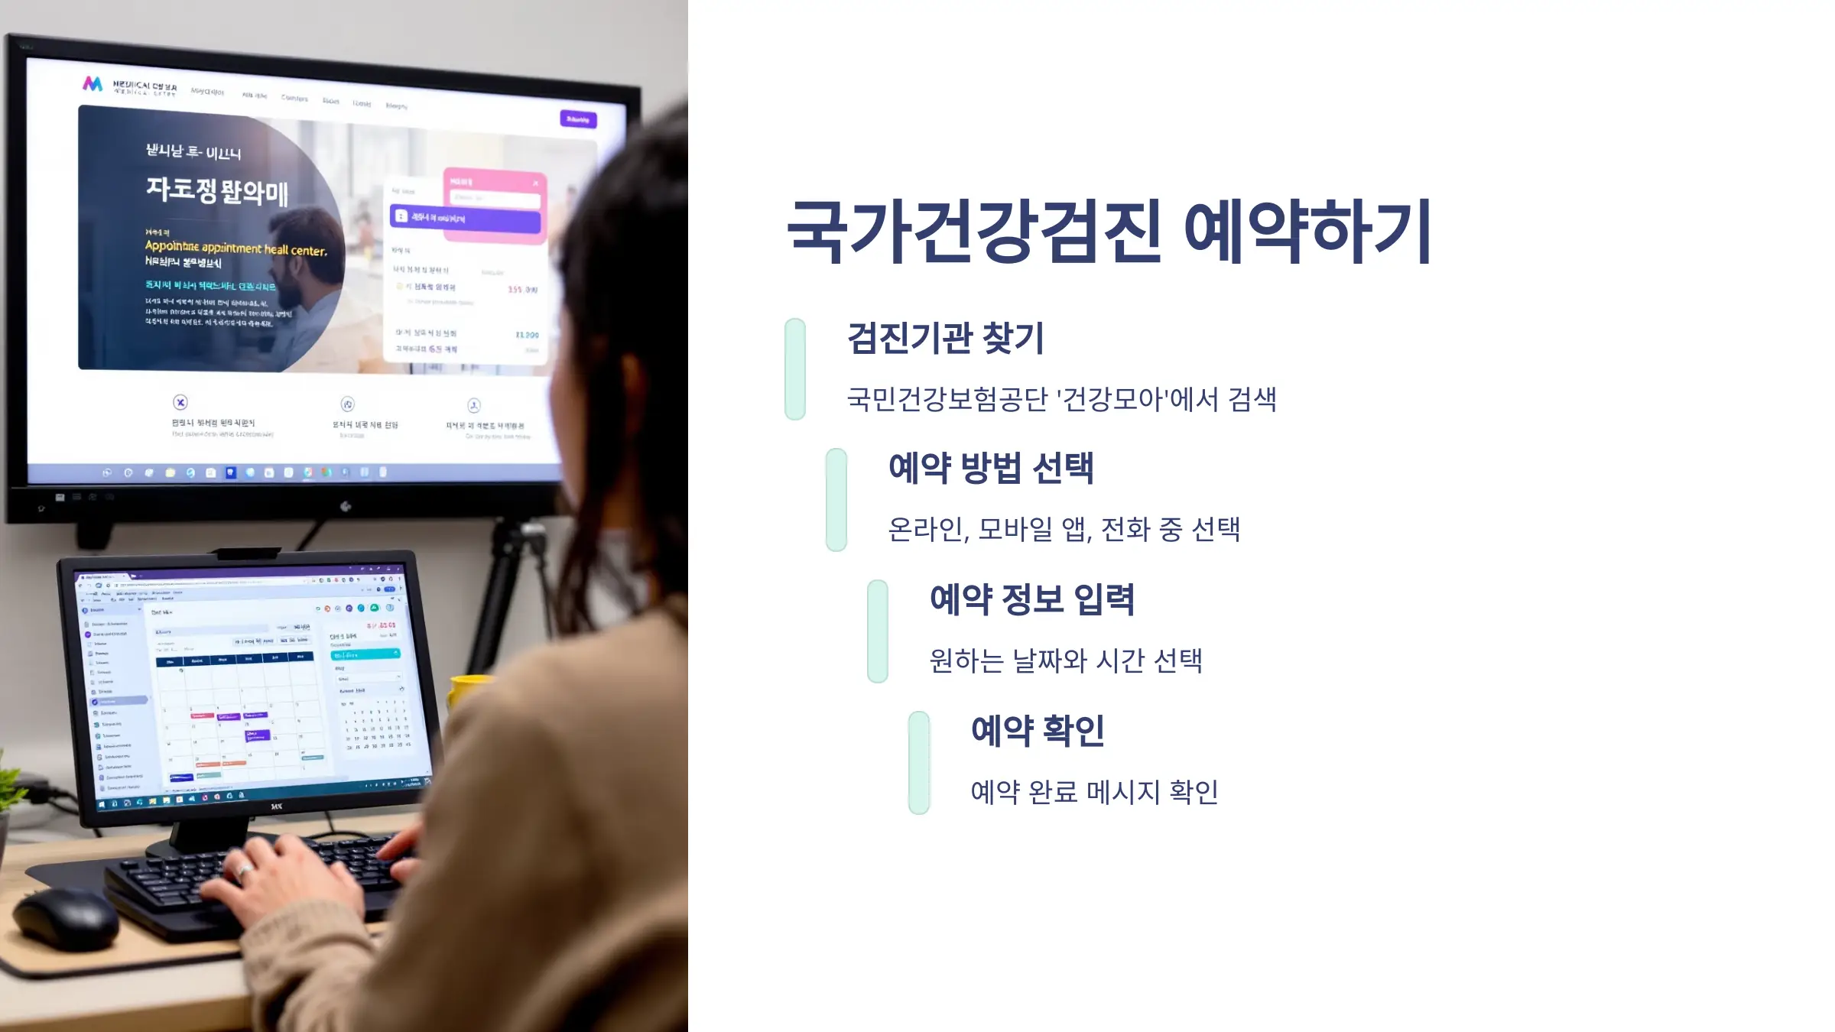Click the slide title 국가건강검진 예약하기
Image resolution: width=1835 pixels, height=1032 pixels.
click(x=1109, y=231)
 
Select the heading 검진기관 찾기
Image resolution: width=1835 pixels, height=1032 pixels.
click(x=945, y=338)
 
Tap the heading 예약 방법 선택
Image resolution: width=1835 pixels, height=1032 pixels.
click(x=991, y=468)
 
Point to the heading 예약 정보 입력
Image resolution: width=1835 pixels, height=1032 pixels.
click(x=1032, y=599)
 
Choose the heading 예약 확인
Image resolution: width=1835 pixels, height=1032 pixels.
click(x=1038, y=731)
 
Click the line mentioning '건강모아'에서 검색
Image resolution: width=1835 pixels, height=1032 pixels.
click(x=1061, y=399)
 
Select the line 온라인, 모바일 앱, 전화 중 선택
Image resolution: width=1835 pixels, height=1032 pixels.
click(x=1064, y=529)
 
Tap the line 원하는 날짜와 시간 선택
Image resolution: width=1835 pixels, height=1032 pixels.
click(x=1066, y=660)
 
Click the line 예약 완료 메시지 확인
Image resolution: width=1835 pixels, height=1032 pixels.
click(x=1094, y=792)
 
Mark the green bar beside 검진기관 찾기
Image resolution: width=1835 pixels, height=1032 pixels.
click(x=795, y=369)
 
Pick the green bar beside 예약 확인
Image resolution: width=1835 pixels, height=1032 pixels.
click(x=919, y=763)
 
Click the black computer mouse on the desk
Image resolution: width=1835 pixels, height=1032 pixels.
click(x=65, y=917)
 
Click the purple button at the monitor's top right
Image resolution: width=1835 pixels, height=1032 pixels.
click(x=578, y=119)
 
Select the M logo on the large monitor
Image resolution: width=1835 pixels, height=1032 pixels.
click(x=93, y=83)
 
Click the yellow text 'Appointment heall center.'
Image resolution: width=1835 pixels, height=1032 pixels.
click(x=235, y=248)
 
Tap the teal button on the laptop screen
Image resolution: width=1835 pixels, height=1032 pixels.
click(x=365, y=654)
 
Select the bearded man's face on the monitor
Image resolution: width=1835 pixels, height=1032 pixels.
click(x=306, y=252)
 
